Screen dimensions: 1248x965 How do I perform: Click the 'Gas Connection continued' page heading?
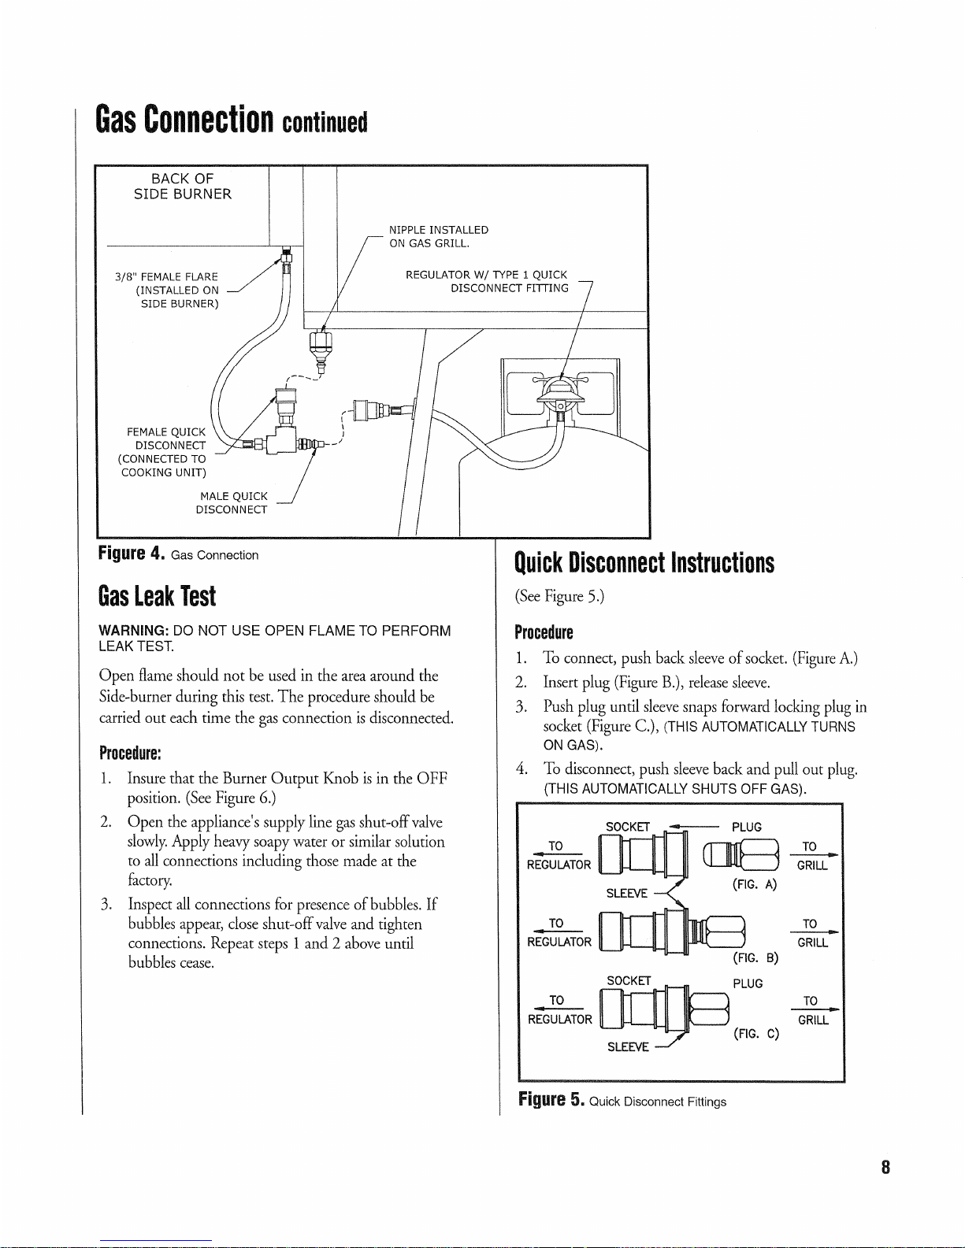point(231,120)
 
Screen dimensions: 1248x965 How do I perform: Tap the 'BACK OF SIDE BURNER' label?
point(183,187)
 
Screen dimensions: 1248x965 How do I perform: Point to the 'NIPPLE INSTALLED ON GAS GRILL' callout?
point(439,236)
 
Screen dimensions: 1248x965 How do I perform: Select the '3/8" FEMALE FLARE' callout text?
point(166,276)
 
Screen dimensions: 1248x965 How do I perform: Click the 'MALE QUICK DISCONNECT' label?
point(233,502)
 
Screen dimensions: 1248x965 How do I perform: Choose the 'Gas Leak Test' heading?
point(157,596)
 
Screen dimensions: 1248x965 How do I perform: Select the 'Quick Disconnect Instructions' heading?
point(644,563)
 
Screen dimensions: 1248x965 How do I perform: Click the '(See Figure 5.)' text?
point(559,596)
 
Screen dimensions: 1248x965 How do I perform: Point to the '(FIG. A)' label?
point(755,884)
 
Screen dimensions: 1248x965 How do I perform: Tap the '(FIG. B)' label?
point(755,958)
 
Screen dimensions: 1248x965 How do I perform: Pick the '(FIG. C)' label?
point(755,1033)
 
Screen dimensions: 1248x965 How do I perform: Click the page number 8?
point(885,1167)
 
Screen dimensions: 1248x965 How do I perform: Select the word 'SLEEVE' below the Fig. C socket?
point(628,1046)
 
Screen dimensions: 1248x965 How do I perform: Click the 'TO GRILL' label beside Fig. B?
point(811,933)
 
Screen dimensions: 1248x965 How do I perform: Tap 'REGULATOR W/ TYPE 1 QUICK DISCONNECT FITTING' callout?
point(487,281)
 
